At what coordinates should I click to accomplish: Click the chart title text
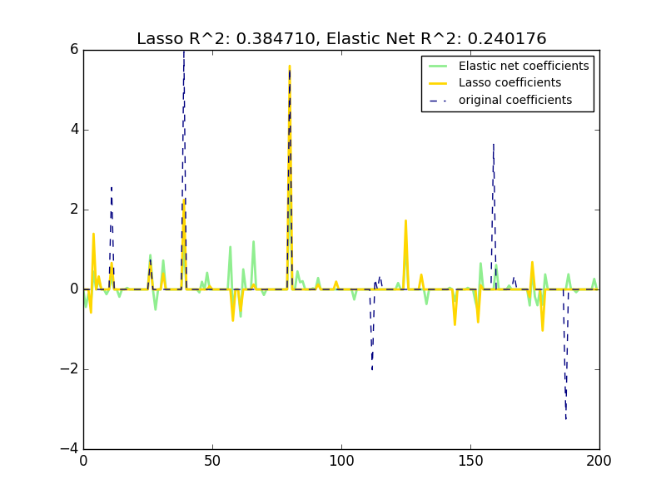tap(341, 38)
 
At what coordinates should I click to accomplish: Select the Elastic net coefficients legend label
tap(524, 67)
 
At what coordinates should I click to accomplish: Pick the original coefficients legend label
tap(515, 101)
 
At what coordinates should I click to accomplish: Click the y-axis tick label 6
tap(74, 50)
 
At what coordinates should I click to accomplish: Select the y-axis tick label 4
tap(74, 130)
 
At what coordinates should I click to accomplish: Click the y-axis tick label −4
tap(70, 449)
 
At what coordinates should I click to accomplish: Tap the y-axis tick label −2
tap(70, 369)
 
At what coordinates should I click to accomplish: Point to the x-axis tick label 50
tap(212, 460)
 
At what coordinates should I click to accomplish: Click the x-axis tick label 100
tap(341, 460)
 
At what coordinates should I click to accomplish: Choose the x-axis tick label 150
tap(470, 460)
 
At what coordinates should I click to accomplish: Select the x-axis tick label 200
tap(599, 460)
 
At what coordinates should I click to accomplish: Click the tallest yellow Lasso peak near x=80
tap(290, 67)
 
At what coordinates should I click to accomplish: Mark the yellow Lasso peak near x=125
tap(405, 221)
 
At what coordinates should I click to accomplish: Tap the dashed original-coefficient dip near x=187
tap(566, 417)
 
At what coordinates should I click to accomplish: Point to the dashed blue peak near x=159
tap(494, 145)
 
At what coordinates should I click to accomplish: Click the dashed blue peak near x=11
tap(112, 188)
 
